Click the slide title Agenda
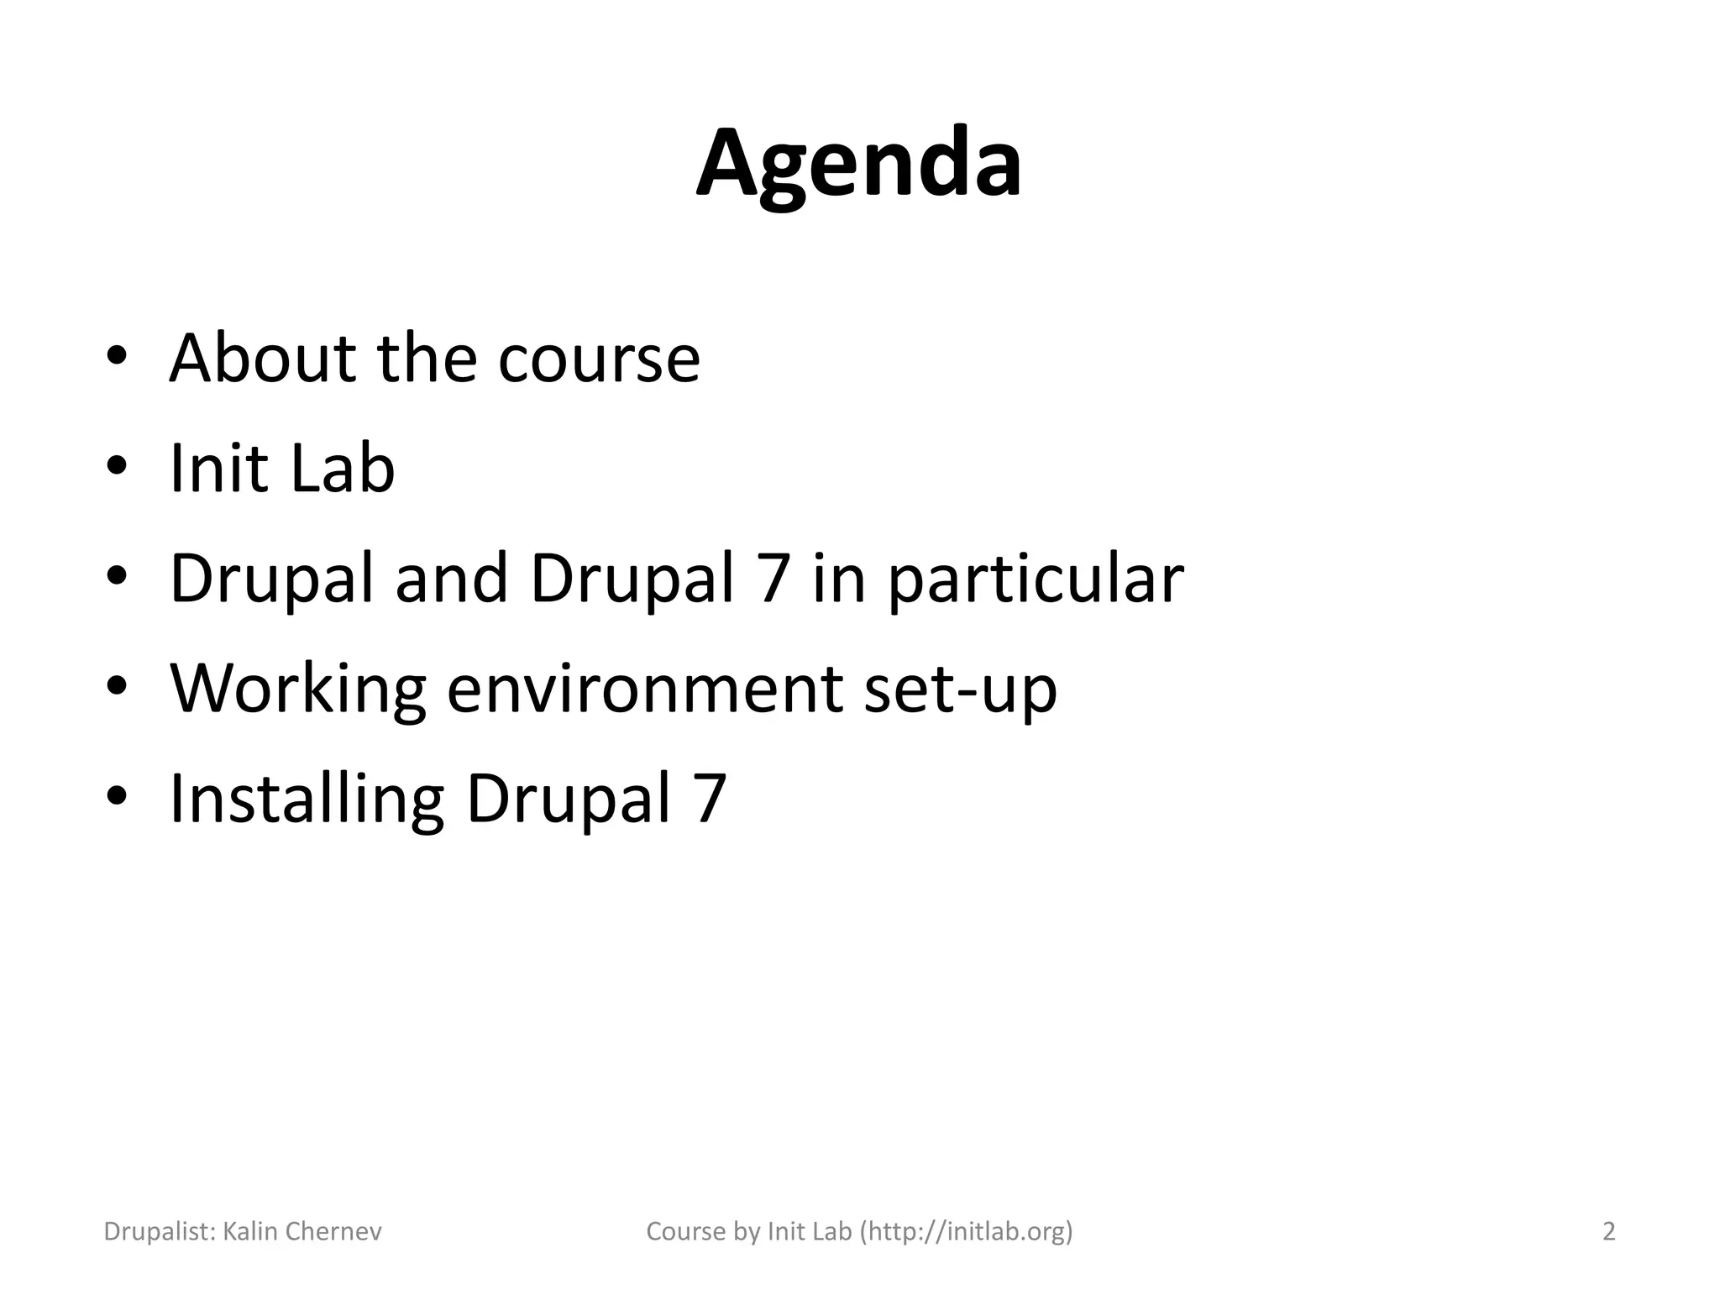[859, 164]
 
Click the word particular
[1035, 579]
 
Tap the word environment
[644, 689]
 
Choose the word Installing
[307, 800]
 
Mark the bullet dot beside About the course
[117, 357]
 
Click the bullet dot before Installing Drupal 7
[117, 796]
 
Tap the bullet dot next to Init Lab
[117, 467]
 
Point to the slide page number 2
[1608, 1231]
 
